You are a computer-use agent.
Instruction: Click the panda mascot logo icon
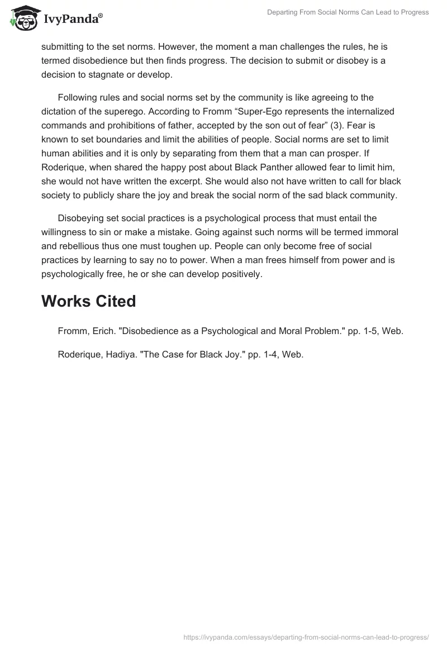[22, 18]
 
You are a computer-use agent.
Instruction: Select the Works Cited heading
[88, 301]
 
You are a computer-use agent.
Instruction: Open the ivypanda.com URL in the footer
[306, 636]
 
